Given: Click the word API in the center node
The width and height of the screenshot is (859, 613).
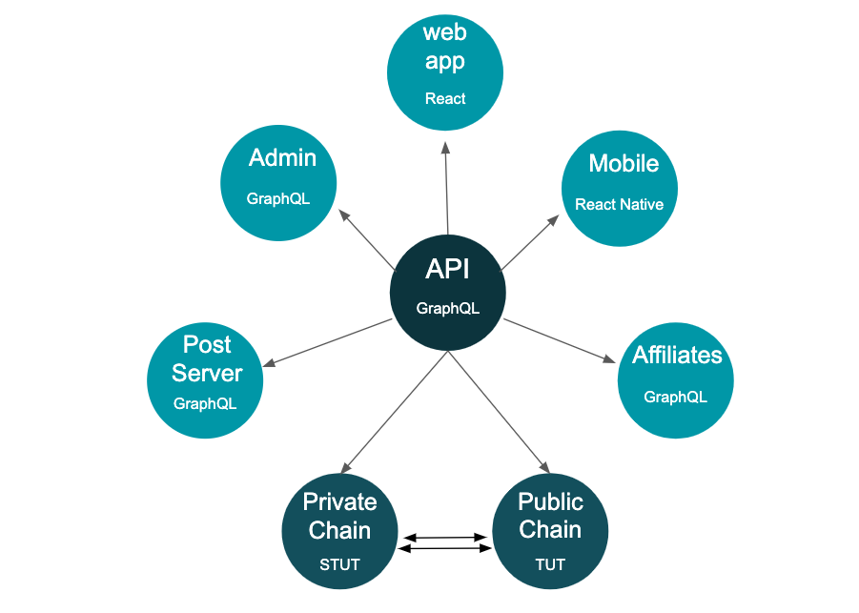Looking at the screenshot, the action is pos(447,269).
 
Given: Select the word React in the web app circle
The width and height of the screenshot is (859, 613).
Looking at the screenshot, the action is pos(445,98).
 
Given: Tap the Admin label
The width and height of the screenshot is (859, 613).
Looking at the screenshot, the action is pos(283,157).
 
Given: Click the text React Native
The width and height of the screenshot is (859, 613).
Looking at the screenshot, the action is pos(619,204).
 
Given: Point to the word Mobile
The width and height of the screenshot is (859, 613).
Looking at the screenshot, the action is pos(624,163).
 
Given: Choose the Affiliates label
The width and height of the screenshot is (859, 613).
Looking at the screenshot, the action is pos(677,355).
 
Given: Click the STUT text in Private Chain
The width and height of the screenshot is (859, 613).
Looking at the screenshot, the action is pos(339,564).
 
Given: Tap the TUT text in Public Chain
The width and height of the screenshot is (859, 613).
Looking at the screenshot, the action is pos(550,564).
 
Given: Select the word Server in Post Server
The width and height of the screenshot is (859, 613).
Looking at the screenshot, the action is pos(207,373).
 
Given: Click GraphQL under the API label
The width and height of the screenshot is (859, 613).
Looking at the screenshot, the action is pos(447,309).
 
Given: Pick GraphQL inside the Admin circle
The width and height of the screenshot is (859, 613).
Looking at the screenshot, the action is pos(278,198).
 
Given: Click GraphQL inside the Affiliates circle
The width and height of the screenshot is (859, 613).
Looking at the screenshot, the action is pos(676,397).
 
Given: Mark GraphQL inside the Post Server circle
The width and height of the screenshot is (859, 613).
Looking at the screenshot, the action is pos(205,403).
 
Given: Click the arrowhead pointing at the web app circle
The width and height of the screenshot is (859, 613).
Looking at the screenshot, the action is pos(445,148).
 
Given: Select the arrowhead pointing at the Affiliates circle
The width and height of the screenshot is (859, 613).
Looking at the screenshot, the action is pos(609,358).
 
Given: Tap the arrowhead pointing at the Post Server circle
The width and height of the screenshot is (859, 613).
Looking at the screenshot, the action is pos(269,362).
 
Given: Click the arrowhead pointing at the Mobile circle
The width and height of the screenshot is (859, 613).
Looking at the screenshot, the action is pos(553,220).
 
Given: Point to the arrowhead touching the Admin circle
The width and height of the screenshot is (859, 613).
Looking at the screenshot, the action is pos(344,215).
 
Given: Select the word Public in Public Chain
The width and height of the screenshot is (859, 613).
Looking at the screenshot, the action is pos(550,501).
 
